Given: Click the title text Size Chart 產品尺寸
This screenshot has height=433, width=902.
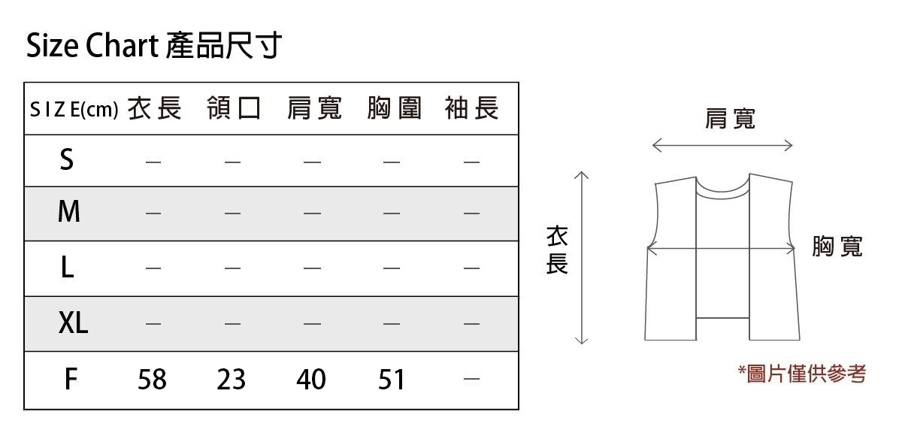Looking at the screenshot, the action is (154, 46).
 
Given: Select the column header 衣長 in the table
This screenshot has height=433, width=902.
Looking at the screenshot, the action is (154, 109).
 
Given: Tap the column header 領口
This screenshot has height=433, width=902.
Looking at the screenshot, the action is (234, 109).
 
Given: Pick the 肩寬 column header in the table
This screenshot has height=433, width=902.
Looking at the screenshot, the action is (314, 109).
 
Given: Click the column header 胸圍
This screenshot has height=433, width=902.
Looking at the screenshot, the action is (394, 109).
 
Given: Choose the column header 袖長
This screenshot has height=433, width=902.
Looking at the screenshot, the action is (472, 109).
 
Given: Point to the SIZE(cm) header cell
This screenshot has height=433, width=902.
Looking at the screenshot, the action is (74, 110).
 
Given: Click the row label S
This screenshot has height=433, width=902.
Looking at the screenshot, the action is (67, 160).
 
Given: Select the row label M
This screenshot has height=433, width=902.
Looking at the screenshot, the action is (68, 213).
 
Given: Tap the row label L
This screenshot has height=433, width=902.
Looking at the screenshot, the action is (67, 268).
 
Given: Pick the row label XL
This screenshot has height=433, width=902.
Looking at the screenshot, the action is (73, 323).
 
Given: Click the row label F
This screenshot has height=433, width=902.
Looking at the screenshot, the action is (70, 380).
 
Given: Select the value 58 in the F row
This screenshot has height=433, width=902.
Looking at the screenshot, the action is (152, 380).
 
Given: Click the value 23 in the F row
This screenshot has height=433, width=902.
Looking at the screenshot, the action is (232, 380).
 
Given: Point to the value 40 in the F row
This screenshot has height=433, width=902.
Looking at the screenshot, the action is (311, 380).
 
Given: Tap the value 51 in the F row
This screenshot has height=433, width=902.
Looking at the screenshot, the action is (392, 380).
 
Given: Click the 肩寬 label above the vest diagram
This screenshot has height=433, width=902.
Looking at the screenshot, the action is (730, 118).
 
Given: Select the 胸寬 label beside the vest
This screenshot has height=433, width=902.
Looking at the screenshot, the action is (837, 247).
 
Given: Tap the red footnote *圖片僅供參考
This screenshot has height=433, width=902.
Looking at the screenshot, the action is (802, 373).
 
